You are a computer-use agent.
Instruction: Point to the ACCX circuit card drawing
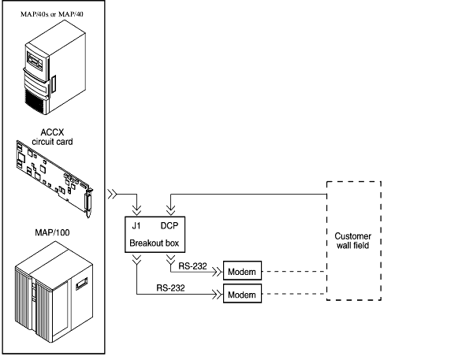pos(55,177)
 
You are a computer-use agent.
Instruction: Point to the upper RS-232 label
pos(192,265)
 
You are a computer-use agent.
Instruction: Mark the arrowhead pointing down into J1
pos(138,211)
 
